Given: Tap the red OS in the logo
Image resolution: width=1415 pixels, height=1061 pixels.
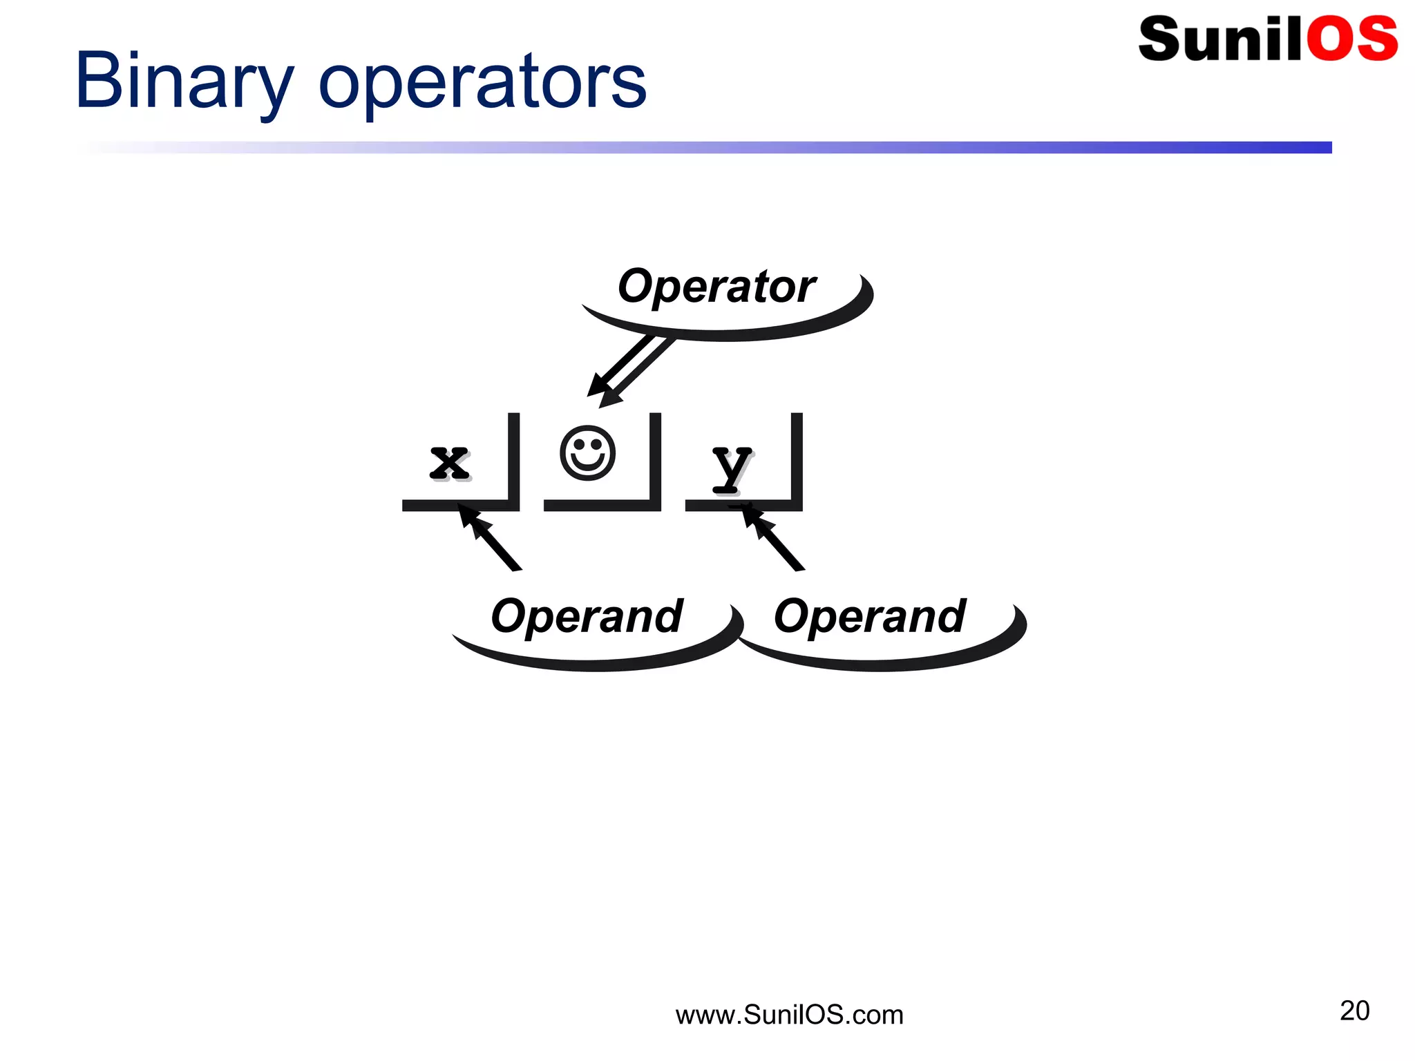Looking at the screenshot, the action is click(1351, 39).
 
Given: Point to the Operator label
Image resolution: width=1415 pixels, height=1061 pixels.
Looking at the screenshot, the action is click(716, 286).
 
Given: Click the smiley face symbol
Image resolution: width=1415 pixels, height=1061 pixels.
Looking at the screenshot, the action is click(587, 453).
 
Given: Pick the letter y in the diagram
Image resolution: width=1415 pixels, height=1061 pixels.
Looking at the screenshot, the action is click(731, 467).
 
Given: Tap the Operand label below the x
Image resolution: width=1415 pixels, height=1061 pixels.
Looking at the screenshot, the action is click(586, 616).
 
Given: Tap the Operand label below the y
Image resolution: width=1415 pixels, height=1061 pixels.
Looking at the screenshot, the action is click(869, 616).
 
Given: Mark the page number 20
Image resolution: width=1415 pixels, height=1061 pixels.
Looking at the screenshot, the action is click(1354, 1011).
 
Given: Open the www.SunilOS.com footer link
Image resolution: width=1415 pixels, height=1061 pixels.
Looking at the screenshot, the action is click(789, 1015).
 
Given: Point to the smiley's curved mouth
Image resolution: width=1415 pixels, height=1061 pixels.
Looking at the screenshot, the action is click(587, 466).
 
